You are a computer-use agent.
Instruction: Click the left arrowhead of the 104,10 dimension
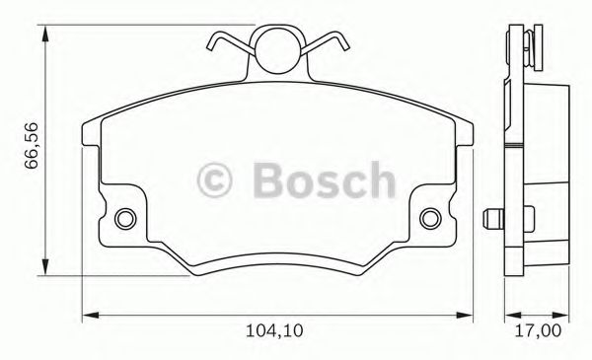point(86,316)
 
